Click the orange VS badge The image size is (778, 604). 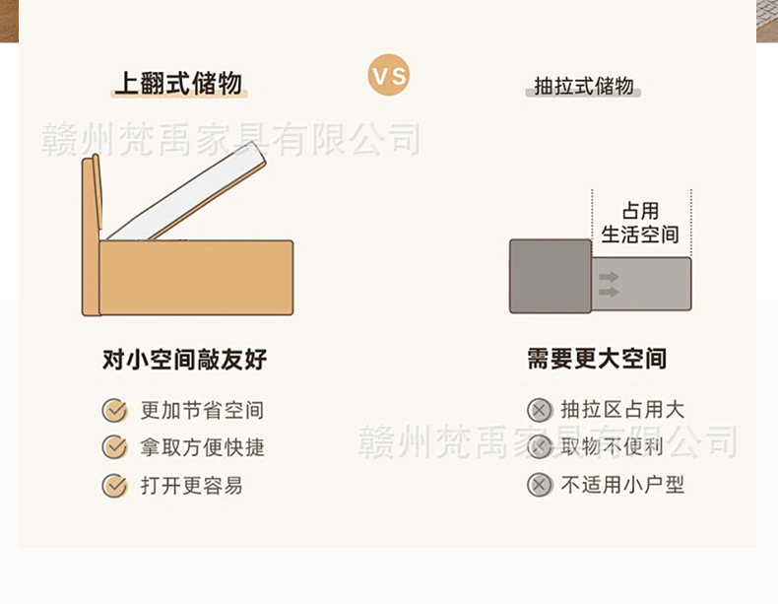click(x=388, y=76)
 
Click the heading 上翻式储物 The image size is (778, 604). click(x=178, y=84)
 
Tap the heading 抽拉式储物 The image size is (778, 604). click(x=583, y=86)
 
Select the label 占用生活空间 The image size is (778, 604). click(x=640, y=223)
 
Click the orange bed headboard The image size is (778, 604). click(x=92, y=236)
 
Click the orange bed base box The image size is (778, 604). click(x=196, y=277)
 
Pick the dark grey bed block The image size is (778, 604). click(x=550, y=275)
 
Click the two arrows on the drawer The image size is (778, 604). click(x=609, y=284)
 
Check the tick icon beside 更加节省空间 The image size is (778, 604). click(x=115, y=411)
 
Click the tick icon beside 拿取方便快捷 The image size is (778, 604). click(x=115, y=447)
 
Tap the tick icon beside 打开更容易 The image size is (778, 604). click(x=115, y=485)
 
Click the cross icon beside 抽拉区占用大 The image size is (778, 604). click(x=539, y=411)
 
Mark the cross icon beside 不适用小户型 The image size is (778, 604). click(x=539, y=485)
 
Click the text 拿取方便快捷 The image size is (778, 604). click(x=203, y=447)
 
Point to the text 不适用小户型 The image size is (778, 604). click(x=622, y=485)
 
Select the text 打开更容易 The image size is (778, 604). click(x=191, y=485)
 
